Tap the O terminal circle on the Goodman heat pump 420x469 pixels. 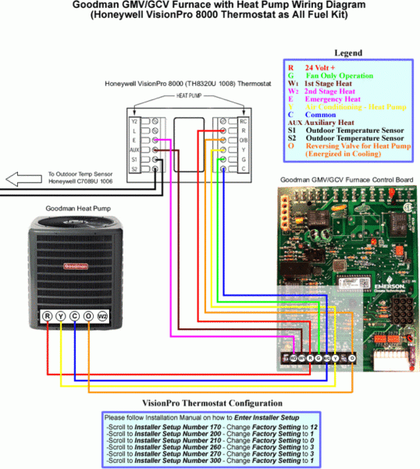87,317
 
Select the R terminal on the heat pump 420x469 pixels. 48,317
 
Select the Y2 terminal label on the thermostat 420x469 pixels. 134,121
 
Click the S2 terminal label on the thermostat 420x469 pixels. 134,169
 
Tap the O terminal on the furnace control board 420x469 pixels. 352,359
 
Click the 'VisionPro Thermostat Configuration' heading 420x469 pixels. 209,402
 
